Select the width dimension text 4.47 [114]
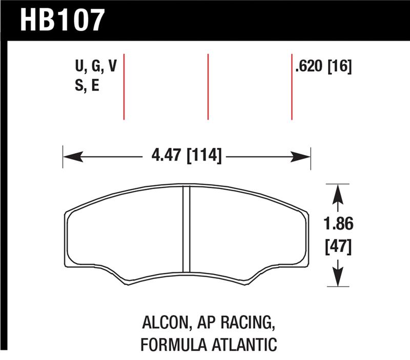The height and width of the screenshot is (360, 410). pyautogui.click(x=186, y=153)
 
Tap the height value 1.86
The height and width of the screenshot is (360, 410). pyautogui.click(x=338, y=224)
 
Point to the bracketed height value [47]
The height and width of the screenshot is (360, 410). pyautogui.click(x=338, y=247)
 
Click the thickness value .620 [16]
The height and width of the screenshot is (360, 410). pyautogui.click(x=323, y=67)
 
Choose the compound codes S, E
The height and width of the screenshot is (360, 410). pyautogui.click(x=87, y=85)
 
